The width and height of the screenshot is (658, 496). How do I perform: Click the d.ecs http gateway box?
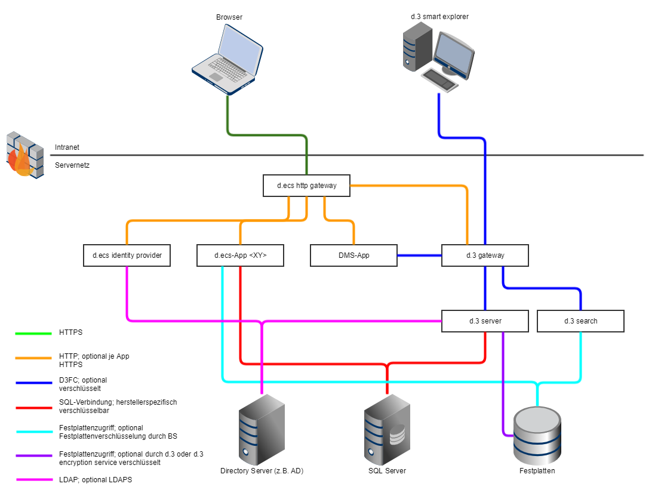tap(306, 186)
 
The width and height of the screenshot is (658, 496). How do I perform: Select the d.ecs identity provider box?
tap(127, 255)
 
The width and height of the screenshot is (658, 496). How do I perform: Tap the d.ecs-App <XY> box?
tap(240, 255)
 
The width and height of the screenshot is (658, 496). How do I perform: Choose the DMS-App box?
tap(353, 255)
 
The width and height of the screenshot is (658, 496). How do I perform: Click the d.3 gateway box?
tap(485, 255)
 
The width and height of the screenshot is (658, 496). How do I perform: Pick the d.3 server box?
tap(485, 321)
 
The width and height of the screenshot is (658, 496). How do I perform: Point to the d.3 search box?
tap(580, 321)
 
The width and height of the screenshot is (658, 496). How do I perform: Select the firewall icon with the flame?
tap(24, 155)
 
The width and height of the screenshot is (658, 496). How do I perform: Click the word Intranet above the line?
tap(67, 147)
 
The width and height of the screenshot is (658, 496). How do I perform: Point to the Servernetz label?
tap(72, 165)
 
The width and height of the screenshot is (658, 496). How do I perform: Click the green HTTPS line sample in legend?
tap(33, 334)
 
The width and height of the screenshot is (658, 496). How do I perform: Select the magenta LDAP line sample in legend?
tap(33, 479)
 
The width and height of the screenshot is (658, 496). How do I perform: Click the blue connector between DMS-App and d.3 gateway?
tap(419, 255)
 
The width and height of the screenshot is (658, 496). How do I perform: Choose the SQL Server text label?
tap(387, 471)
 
